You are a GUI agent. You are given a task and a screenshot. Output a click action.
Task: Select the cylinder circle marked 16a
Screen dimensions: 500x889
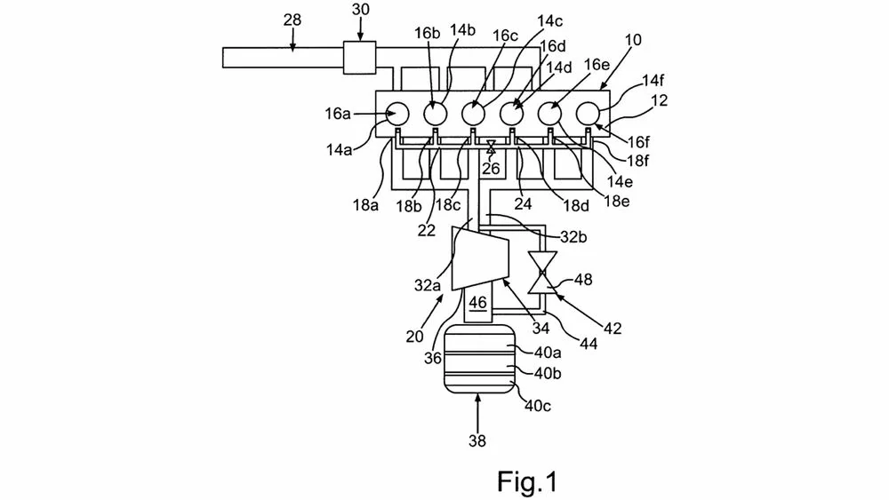point(396,114)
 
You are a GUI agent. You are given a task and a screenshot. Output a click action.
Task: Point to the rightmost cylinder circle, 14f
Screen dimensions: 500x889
point(588,114)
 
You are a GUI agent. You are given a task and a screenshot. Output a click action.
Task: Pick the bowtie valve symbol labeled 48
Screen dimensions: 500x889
point(541,272)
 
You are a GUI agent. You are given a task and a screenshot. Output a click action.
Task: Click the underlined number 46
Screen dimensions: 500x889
point(478,303)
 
